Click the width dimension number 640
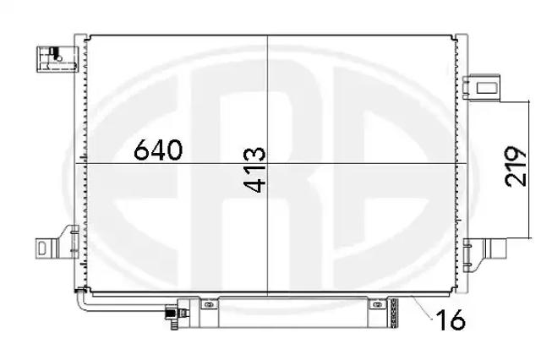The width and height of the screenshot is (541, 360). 158,150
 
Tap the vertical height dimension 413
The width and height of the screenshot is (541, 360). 255,170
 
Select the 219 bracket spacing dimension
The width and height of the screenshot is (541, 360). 516,166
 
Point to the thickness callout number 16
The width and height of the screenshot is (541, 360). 451,319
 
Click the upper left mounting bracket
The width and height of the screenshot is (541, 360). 57,59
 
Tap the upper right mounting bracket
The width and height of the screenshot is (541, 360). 481,88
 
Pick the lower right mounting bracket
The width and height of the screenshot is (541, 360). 484,254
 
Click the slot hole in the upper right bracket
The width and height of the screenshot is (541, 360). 487,88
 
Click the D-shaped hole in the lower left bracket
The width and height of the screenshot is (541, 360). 42,248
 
